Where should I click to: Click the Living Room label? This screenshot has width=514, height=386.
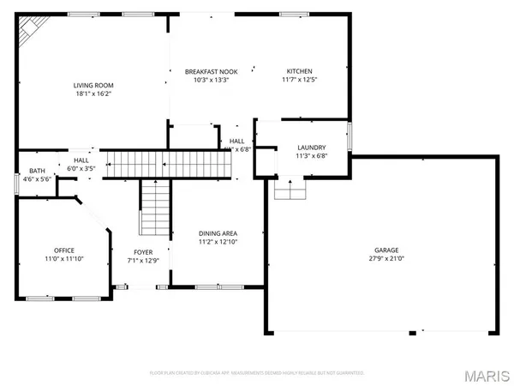93,85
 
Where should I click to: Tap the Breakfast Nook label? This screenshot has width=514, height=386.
211,71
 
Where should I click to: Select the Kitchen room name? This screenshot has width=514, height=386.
299,71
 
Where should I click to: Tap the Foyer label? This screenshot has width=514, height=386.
143,251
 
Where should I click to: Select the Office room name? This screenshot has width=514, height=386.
64,250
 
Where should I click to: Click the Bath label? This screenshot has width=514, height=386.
37,171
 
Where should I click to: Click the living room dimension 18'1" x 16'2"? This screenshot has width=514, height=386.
93,93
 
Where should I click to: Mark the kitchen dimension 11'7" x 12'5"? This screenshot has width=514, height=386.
299,80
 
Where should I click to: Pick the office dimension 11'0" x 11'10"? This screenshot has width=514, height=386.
64,259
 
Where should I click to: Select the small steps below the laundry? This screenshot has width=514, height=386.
290,189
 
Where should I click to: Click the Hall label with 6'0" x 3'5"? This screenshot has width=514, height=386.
81,160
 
